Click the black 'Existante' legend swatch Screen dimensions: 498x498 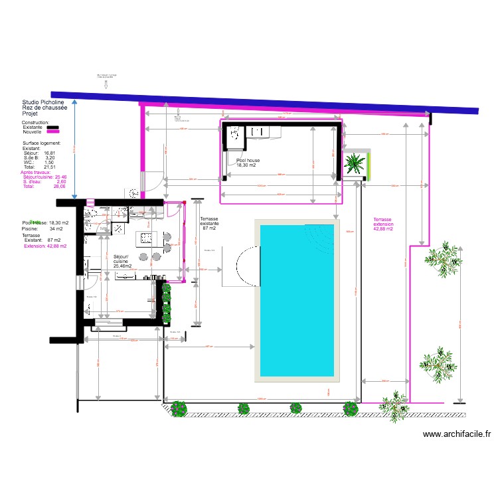53,127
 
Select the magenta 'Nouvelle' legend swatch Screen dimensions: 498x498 53,132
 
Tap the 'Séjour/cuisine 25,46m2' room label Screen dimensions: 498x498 122,261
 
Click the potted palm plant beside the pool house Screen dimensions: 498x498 355,164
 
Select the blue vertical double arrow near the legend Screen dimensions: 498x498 74,149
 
